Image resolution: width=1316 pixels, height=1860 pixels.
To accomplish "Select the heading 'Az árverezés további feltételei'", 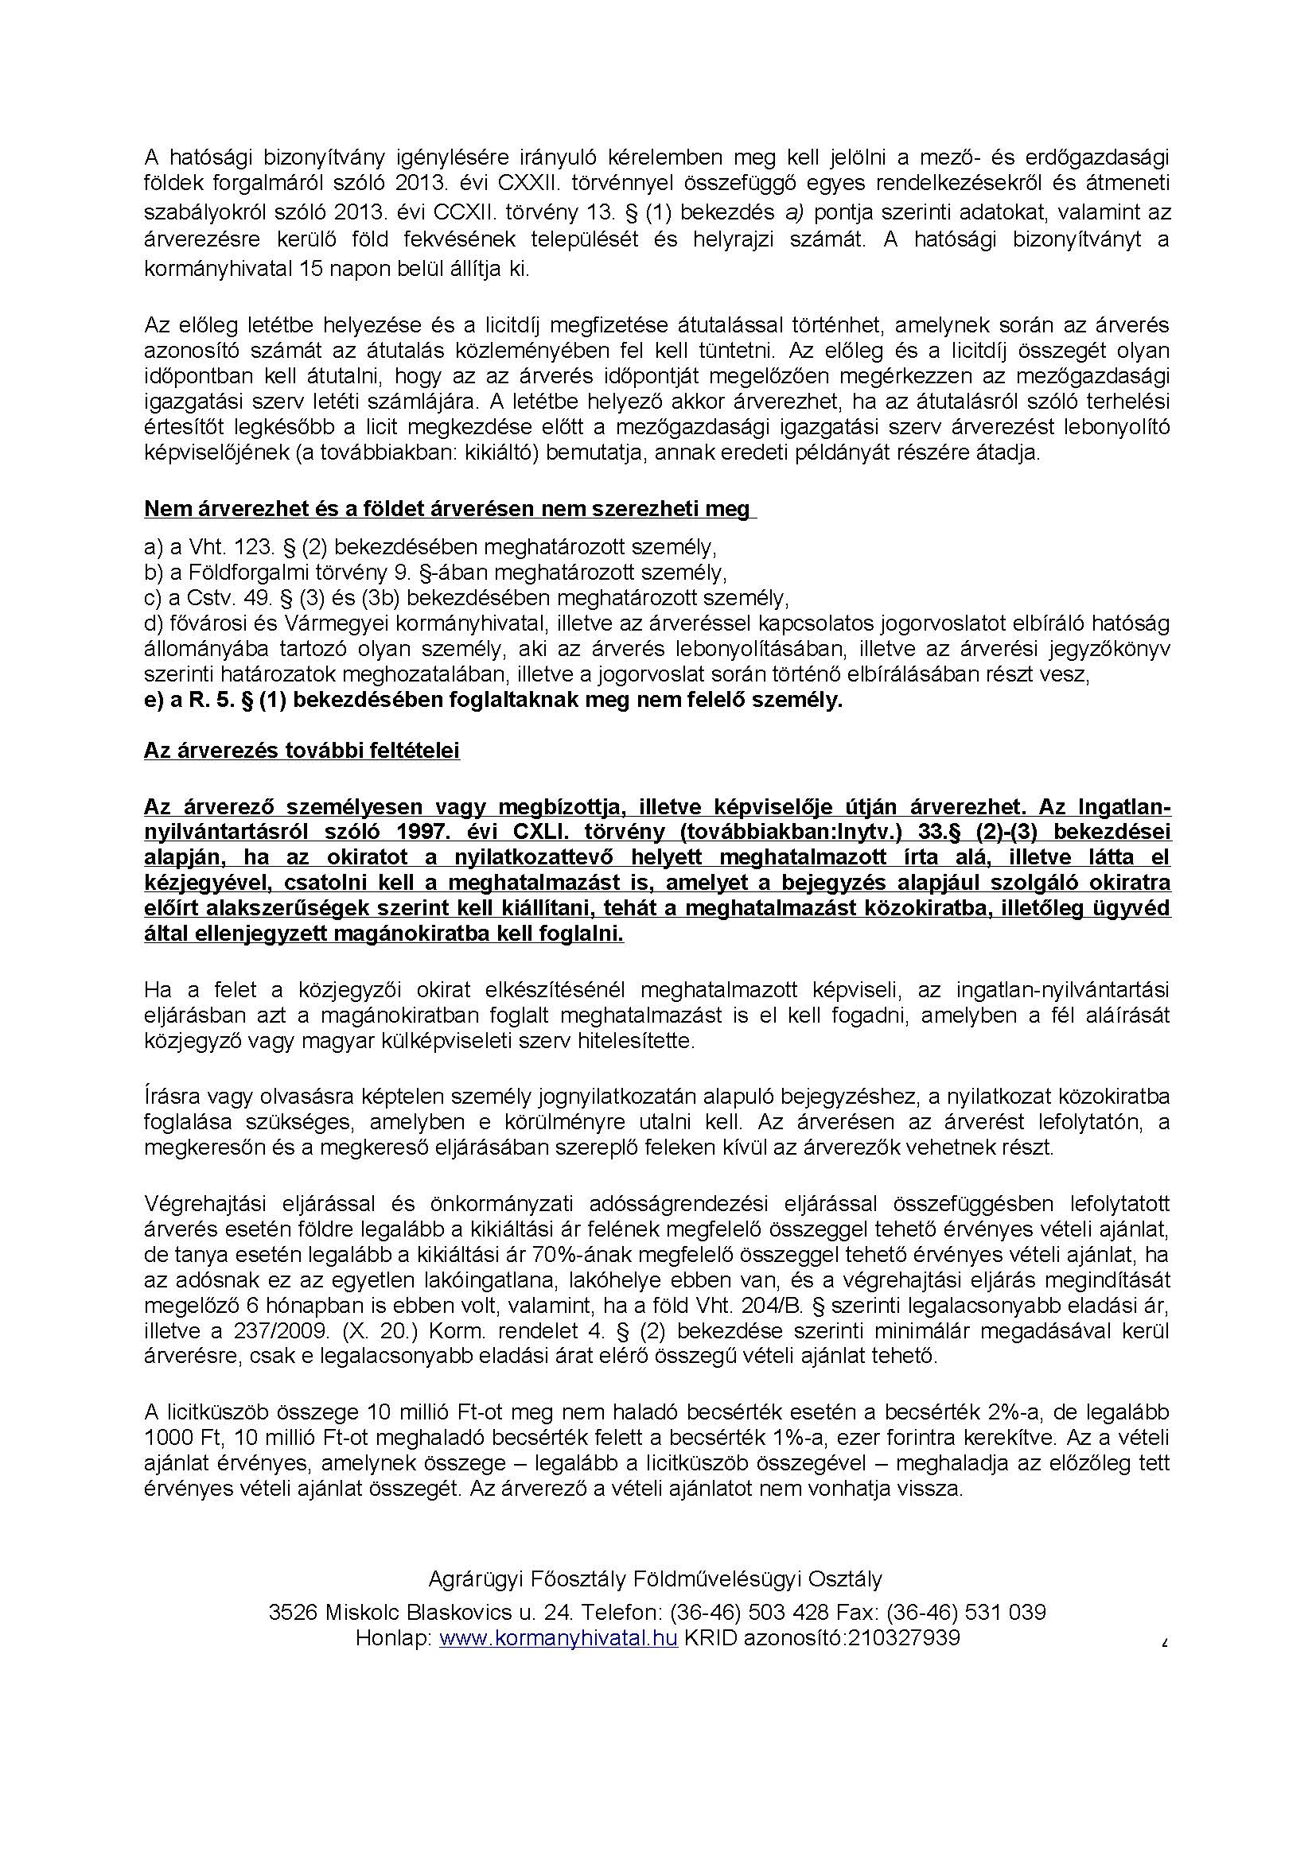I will pyautogui.click(x=302, y=751).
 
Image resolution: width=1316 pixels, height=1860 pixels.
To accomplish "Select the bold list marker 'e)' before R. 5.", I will pyautogui.click(x=154, y=700).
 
